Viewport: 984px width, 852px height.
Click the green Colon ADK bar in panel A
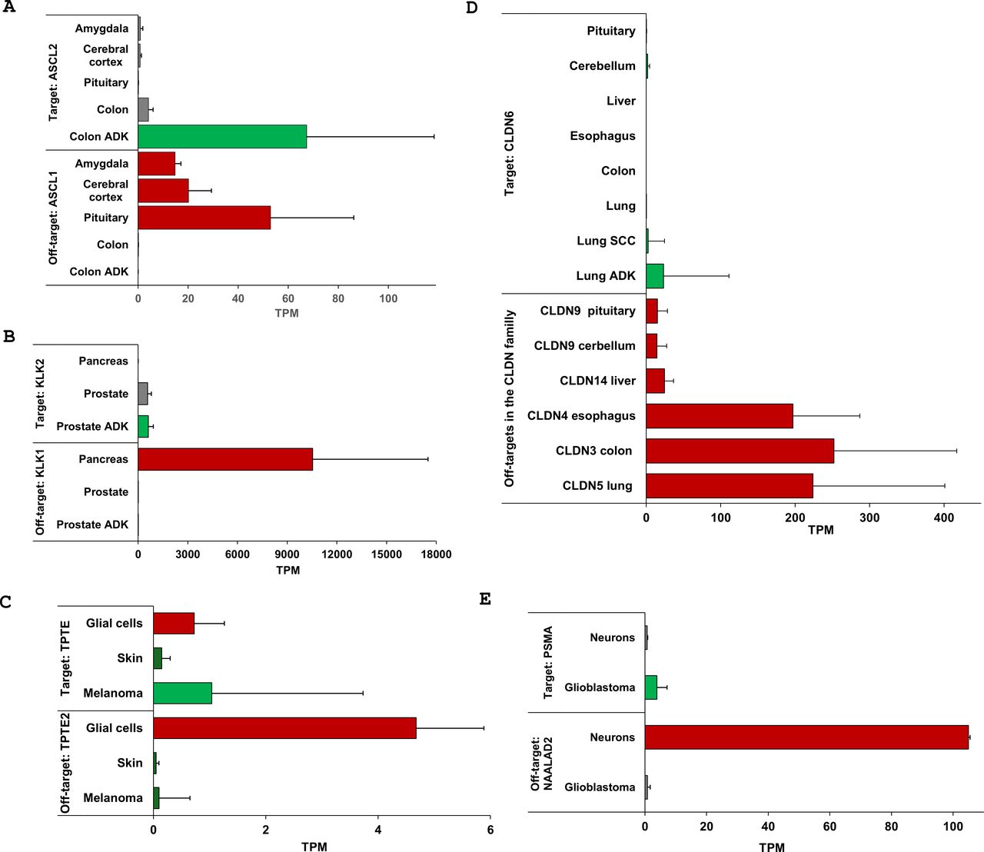[x=222, y=137]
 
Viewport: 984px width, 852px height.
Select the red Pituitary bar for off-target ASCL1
[x=204, y=218]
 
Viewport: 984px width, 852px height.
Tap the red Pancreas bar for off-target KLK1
[x=225, y=459]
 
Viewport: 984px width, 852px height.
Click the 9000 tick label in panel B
[x=287, y=554]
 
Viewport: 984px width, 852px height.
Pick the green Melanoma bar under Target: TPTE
[x=183, y=693]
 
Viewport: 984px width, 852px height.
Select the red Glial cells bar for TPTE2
[x=284, y=728]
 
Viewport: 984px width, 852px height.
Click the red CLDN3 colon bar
[x=740, y=451]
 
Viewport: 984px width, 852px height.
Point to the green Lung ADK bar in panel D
[x=655, y=276]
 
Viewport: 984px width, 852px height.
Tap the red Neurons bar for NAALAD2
[x=806, y=737]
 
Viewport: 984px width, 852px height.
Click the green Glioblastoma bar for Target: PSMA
[x=651, y=687]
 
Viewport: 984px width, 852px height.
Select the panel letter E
[x=485, y=599]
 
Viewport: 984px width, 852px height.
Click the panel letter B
[x=9, y=337]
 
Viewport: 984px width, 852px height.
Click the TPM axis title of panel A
[x=287, y=313]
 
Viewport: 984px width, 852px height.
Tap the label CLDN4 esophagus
[x=581, y=416]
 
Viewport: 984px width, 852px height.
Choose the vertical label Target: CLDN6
[x=510, y=154]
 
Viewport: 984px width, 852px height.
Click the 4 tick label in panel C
[x=378, y=830]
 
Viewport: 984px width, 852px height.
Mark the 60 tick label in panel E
[x=829, y=827]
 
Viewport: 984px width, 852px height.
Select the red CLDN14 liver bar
[x=655, y=381]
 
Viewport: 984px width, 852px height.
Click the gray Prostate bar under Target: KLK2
[x=143, y=394]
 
